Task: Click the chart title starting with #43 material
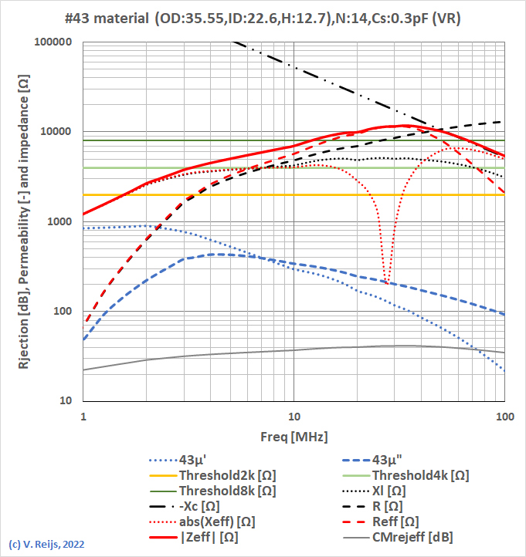pos(263,18)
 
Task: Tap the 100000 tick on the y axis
pos(53,42)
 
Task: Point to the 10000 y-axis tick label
pos(56,132)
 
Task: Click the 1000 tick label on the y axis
pos(59,221)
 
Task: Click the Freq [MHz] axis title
pos(294,437)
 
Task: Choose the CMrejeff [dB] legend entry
pos(413,538)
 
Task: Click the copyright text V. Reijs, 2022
pos(46,544)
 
